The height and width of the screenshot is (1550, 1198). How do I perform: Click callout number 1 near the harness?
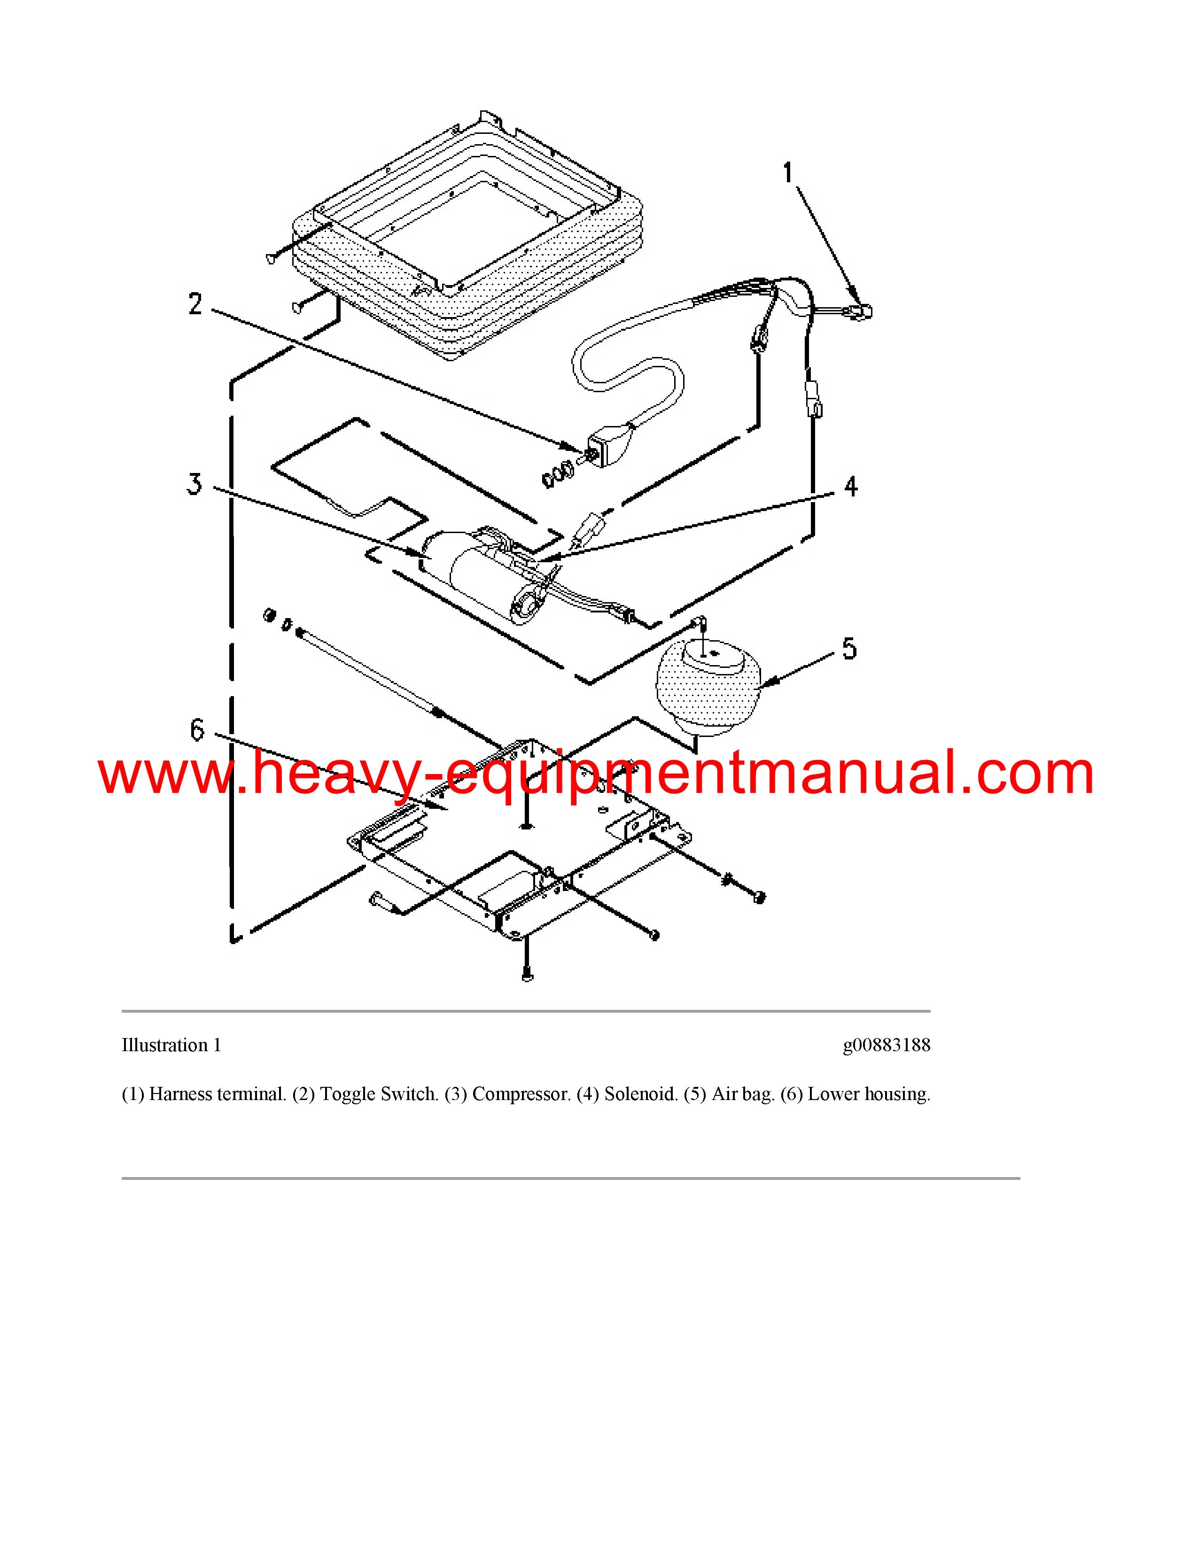point(788,172)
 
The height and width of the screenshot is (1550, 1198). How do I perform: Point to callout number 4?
point(850,487)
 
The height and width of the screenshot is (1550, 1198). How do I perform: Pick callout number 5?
point(849,649)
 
